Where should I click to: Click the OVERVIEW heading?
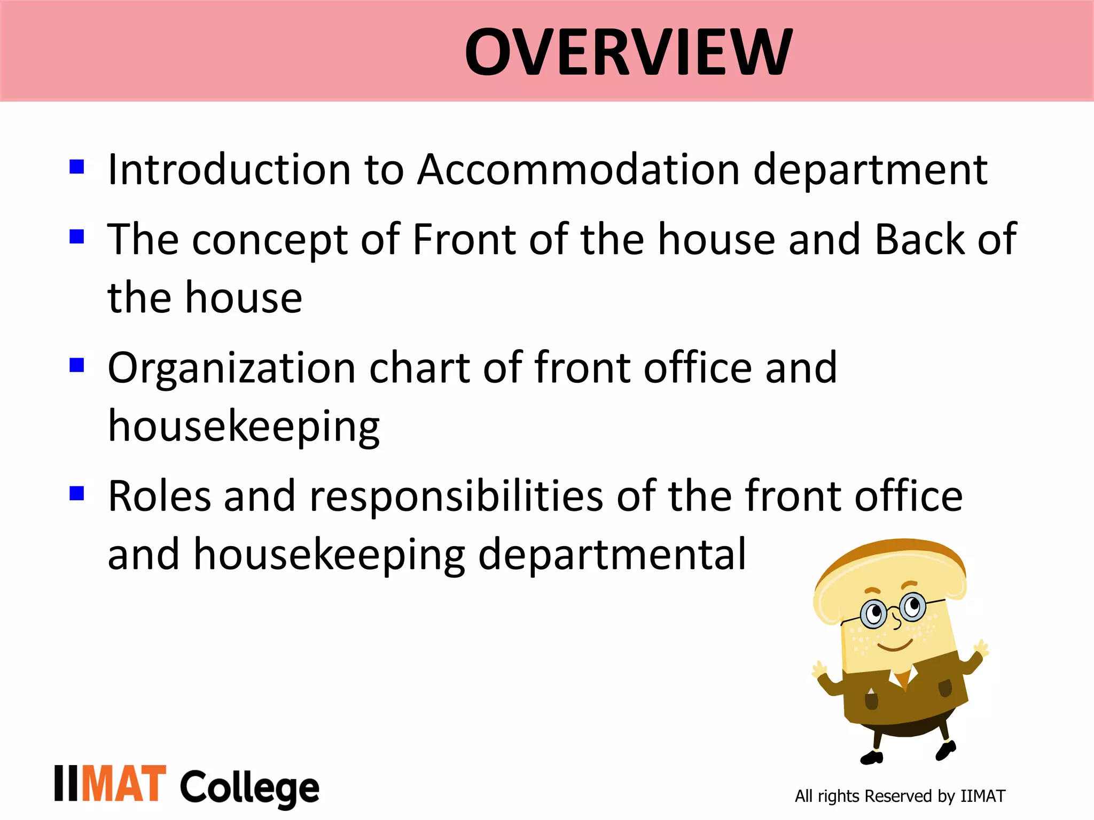click(628, 52)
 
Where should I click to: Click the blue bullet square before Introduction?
click(77, 167)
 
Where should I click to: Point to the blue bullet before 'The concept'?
click(77, 236)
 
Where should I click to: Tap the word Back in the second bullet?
click(919, 240)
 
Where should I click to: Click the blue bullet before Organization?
click(77, 365)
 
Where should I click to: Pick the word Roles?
click(159, 496)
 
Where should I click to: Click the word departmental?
click(611, 555)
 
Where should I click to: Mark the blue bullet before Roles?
click(77, 493)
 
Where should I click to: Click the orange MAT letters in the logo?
click(124, 784)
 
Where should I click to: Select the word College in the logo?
click(249, 788)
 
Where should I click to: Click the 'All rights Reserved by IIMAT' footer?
click(900, 796)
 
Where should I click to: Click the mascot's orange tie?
click(902, 679)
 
